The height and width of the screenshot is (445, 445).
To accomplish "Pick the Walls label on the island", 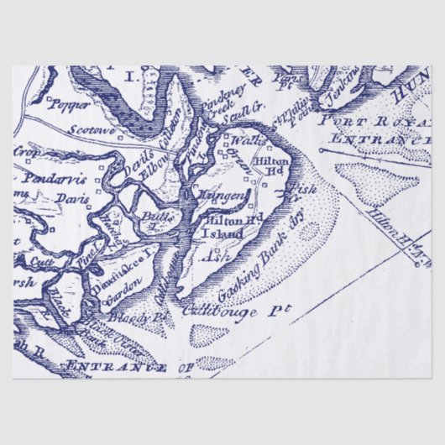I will click(x=242, y=139).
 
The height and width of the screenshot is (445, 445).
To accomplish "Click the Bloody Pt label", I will click(x=150, y=317).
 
